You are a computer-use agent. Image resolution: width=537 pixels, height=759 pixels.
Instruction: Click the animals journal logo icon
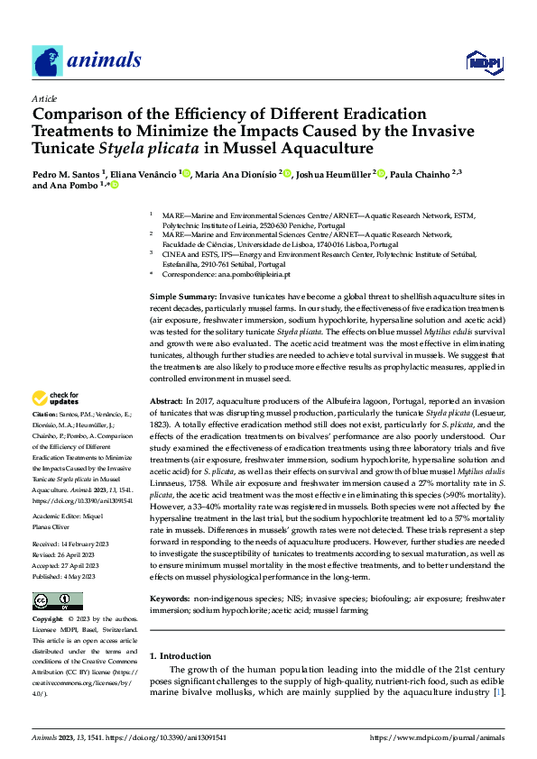46,60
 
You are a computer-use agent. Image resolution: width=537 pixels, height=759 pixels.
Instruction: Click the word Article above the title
44,98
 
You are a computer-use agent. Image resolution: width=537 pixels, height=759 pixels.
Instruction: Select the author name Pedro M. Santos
66,173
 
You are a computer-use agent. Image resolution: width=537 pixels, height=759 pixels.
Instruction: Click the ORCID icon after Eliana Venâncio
186,173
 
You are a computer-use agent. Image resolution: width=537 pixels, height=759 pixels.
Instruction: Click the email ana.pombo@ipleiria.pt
255,274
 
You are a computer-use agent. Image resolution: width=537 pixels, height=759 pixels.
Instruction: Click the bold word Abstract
166,399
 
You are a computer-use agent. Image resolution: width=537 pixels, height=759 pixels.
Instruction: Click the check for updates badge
57,397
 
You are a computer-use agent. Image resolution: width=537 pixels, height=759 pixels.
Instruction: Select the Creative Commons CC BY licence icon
57,600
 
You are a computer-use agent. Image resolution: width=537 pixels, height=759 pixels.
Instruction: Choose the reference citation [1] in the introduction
497,718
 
